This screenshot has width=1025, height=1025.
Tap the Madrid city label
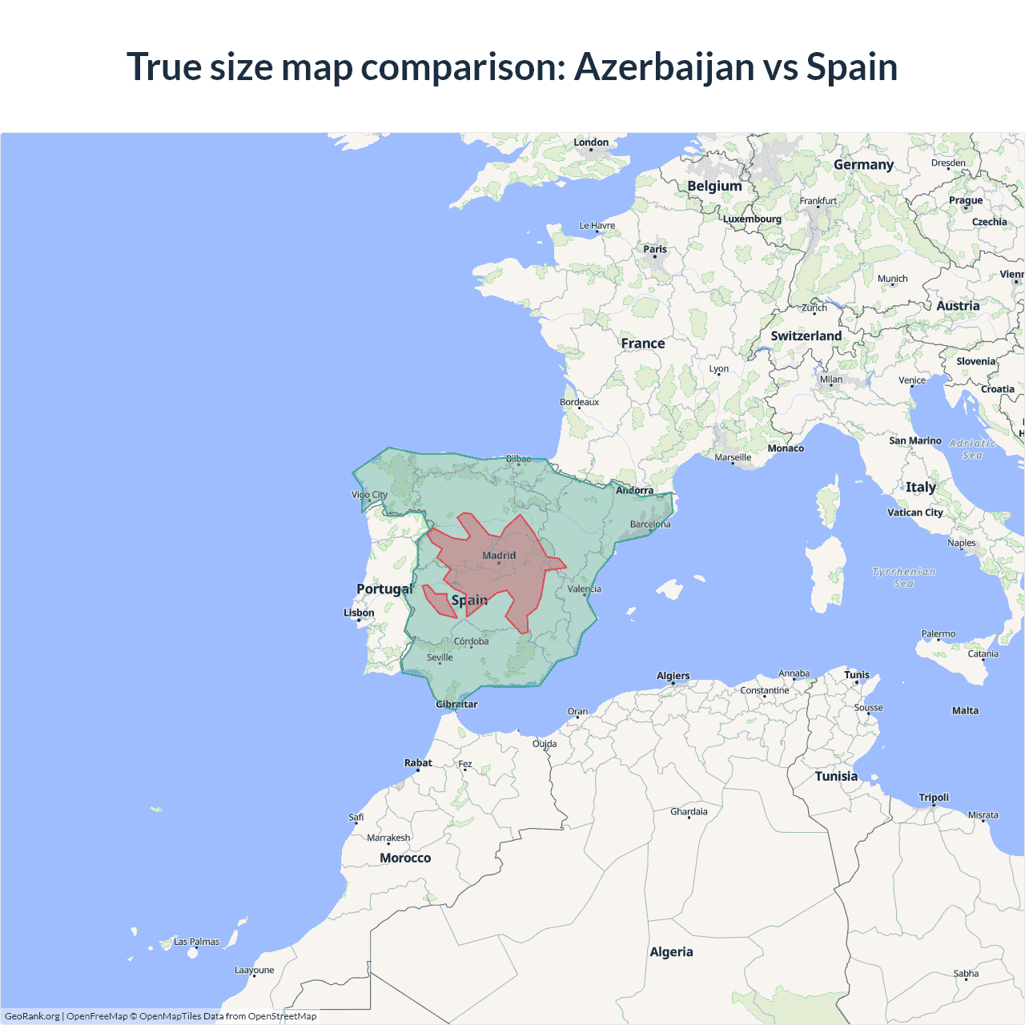point(499,555)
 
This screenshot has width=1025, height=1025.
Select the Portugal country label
point(384,589)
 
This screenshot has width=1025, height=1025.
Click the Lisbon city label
point(359,613)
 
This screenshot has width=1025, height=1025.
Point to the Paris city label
point(655,249)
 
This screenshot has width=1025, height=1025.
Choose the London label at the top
point(591,143)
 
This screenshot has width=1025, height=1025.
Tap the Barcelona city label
point(650,525)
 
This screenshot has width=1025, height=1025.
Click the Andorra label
point(634,490)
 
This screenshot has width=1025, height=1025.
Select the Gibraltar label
point(456,705)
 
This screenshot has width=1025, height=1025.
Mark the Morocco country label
point(405,858)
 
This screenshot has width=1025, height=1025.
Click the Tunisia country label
point(836,776)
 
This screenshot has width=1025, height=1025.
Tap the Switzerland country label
point(806,336)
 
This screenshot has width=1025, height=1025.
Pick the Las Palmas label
point(196,942)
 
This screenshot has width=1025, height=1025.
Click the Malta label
point(965,710)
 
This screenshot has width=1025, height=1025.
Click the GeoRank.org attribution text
point(32,1016)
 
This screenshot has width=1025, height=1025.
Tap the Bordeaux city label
point(579,402)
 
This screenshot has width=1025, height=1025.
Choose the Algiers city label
point(673,676)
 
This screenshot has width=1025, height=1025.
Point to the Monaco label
point(786,448)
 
